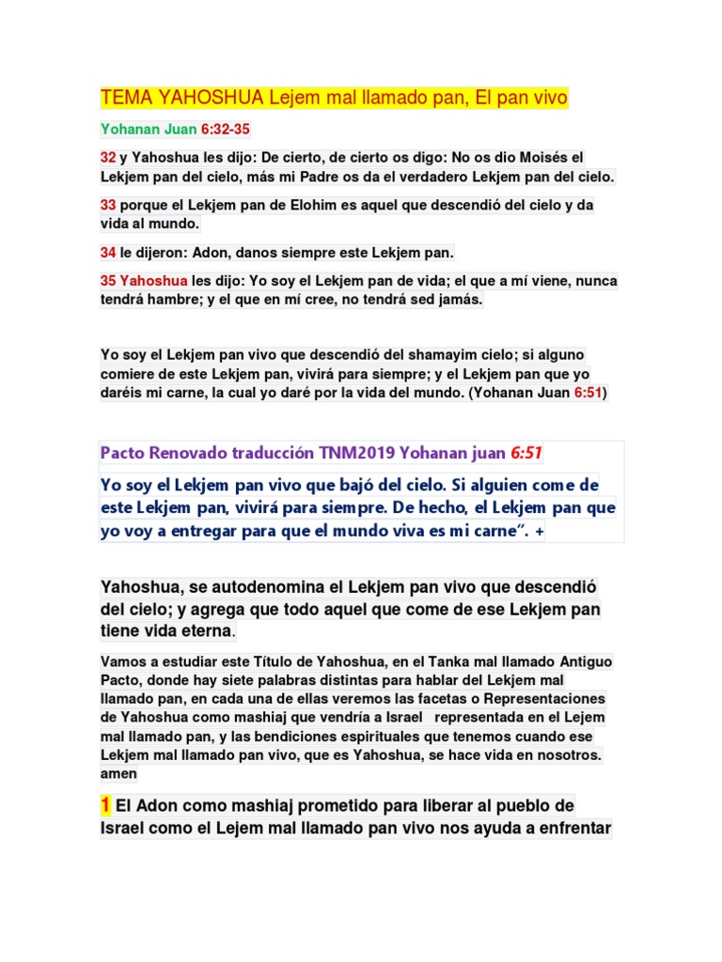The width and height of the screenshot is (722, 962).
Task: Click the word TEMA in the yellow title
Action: [126, 98]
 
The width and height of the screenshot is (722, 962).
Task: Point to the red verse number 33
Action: [108, 205]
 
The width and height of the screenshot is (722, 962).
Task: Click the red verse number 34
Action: [108, 252]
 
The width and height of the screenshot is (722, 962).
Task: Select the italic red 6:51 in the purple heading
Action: [526, 454]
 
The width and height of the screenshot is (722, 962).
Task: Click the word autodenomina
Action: [279, 587]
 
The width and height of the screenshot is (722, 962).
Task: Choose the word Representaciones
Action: [536, 700]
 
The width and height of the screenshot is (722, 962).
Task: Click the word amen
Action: [118, 774]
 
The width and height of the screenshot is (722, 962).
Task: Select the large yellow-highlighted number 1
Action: [106, 805]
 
